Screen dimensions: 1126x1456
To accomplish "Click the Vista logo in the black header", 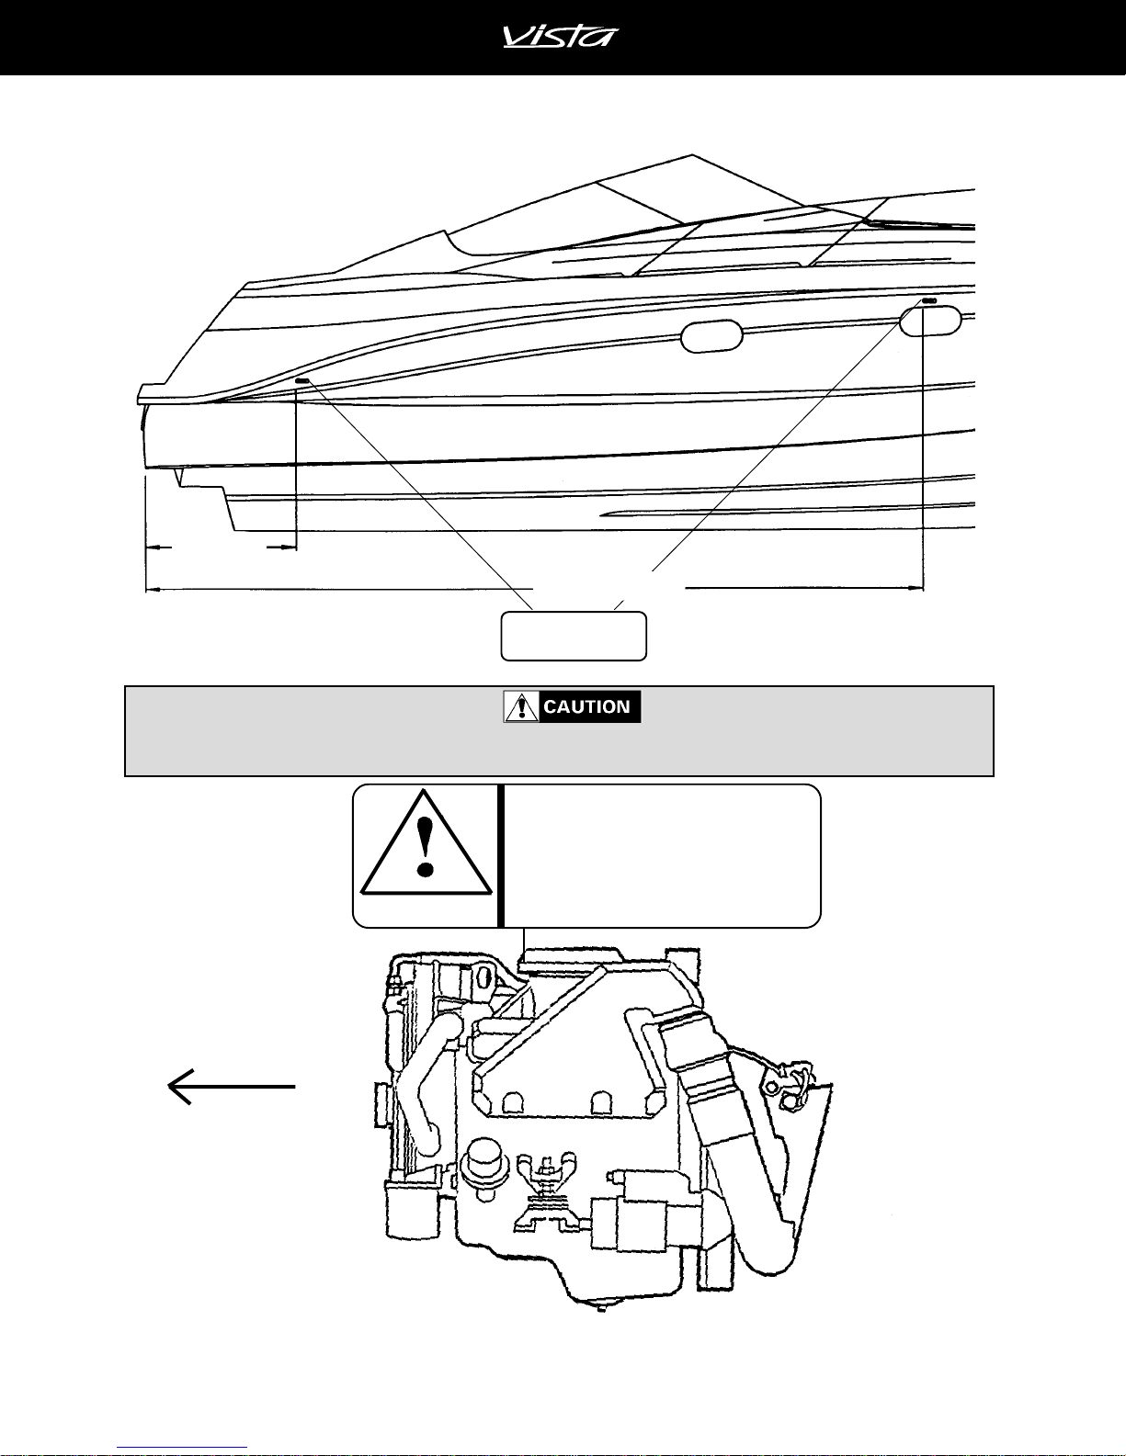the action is [561, 36].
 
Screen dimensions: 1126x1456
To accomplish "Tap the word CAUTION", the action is [586, 707].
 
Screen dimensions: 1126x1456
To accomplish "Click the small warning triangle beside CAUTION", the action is [521, 707].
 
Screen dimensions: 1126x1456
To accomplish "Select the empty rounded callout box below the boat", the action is [574, 636].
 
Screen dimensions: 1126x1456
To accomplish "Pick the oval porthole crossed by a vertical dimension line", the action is [930, 321].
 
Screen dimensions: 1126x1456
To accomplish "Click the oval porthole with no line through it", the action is [711, 336].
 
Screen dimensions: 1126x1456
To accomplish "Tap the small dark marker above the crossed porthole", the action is [929, 301].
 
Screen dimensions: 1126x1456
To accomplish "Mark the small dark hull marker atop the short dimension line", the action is [301, 381].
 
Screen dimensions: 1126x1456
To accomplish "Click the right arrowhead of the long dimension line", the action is [916, 588].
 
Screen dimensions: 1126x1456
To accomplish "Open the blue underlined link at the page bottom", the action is [182, 1448].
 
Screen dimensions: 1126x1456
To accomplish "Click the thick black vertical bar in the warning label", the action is [501, 855].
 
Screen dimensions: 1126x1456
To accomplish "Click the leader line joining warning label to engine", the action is [523, 938].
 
